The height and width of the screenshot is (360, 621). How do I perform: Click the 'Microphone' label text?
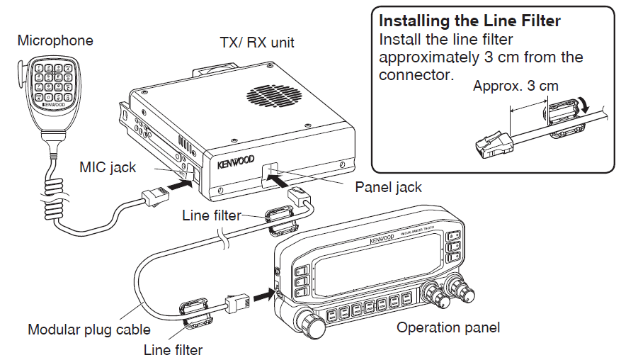pyautogui.click(x=55, y=40)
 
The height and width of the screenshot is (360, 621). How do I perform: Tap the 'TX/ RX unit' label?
pyautogui.click(x=256, y=43)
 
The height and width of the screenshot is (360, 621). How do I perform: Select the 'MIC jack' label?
pyautogui.click(x=108, y=168)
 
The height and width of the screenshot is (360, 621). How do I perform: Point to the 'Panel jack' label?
pyautogui.click(x=388, y=187)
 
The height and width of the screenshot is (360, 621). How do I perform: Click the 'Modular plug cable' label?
pyautogui.click(x=89, y=330)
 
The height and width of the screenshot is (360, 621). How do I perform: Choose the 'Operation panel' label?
pyautogui.click(x=448, y=327)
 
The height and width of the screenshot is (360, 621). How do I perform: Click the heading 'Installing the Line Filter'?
pyautogui.click(x=470, y=21)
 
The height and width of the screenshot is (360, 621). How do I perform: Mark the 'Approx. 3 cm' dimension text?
pyautogui.click(x=515, y=86)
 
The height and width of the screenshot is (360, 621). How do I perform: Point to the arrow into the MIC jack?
pyautogui.click(x=176, y=184)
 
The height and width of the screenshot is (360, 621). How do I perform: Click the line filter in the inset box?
pyautogui.click(x=561, y=117)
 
